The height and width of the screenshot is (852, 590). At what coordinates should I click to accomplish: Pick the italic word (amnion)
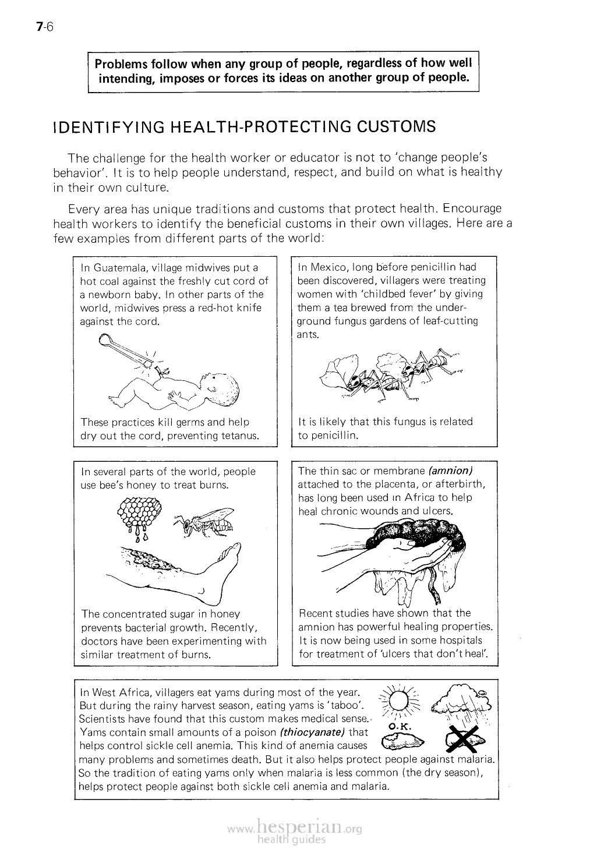tap(450, 471)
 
